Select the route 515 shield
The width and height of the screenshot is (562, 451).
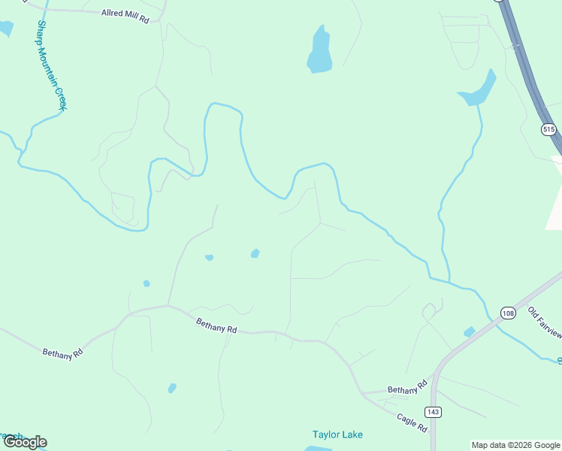pos(548,129)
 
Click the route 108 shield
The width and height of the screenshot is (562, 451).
pos(508,313)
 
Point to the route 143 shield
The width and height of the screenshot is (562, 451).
pos(433,412)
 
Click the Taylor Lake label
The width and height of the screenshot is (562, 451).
pos(337,434)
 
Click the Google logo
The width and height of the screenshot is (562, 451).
pos(25,442)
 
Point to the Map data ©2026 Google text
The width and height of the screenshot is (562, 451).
pos(516,445)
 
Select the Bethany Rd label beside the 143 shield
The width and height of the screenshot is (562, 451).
pos(406,390)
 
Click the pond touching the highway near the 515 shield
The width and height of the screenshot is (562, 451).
pos(479,91)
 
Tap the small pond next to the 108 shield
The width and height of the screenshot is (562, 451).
pos(470,331)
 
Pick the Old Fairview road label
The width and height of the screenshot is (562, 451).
pos(544,321)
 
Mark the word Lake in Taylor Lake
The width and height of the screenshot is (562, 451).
pos(351,434)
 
